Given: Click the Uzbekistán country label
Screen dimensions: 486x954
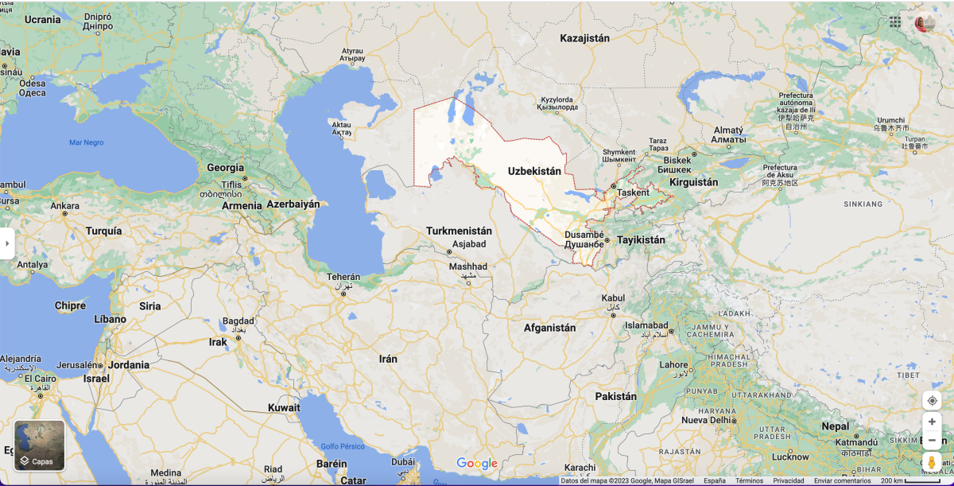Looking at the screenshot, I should (x=534, y=171).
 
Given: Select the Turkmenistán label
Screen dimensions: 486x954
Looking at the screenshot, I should (x=459, y=231).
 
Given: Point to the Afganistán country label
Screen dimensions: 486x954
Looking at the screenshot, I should (x=549, y=328).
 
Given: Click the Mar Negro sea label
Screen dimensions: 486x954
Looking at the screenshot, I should (x=86, y=142).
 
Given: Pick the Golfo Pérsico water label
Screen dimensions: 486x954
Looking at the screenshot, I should (x=343, y=446).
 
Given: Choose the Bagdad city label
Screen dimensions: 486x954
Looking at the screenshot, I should (x=238, y=322).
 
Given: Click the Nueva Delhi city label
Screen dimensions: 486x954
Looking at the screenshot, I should (x=705, y=420).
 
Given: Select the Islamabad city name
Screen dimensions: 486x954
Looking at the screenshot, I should (x=646, y=325).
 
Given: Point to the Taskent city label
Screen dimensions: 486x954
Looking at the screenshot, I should (x=634, y=192).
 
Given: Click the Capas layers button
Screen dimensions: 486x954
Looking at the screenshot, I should (x=40, y=445).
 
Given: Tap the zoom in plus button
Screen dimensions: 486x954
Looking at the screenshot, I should (x=932, y=422).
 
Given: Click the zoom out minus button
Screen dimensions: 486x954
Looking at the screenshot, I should (x=932, y=441).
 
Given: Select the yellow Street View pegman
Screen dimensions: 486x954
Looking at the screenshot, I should (x=932, y=463).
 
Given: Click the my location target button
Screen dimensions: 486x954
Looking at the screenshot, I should (x=932, y=400).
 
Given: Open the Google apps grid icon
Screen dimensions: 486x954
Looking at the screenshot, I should (x=895, y=22).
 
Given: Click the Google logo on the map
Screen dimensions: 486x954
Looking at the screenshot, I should (x=477, y=464).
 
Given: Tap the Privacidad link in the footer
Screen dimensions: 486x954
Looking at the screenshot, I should (x=789, y=480).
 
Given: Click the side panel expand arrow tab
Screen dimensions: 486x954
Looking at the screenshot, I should (x=7, y=243).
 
